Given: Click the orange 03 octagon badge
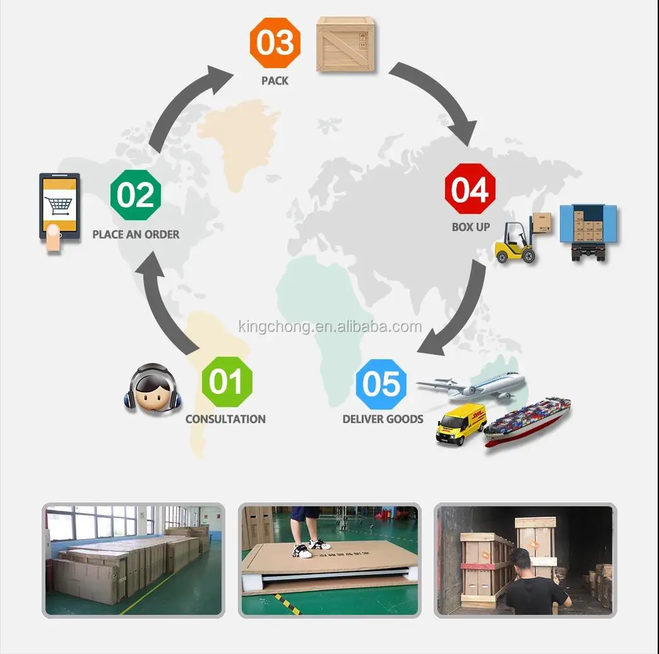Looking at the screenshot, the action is coord(275,44).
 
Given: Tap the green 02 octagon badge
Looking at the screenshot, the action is coord(136,195).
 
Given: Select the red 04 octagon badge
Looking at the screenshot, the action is coord(470,189).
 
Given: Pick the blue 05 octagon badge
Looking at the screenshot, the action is coord(381,384).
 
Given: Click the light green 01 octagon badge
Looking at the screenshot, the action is coord(227,382).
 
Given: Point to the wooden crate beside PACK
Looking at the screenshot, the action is coord(347,44).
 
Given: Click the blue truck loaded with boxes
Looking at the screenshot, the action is coord(588,231).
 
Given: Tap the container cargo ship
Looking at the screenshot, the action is coord(528,422).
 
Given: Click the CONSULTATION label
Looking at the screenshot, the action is coord(225,419).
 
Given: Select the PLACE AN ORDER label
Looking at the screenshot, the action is coord(136,234).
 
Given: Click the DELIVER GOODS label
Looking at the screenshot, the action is coord(383,419).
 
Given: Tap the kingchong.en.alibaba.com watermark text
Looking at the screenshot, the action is coord(329,326).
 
